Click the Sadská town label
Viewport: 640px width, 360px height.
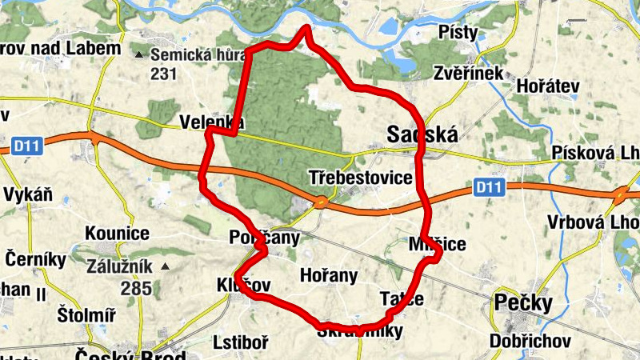coord(422,134)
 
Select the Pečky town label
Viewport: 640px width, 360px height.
coord(524,304)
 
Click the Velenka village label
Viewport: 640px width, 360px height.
coord(211,122)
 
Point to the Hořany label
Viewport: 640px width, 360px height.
coord(328,275)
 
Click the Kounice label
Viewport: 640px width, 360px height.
coord(117,234)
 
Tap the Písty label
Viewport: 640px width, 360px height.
coord(458,32)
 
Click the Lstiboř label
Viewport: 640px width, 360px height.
coord(241,342)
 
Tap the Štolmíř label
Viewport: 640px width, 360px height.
coord(86,315)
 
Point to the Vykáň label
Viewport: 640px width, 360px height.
coord(28,194)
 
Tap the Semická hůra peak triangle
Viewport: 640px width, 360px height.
coord(141,54)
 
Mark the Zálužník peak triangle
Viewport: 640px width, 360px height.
coord(166,266)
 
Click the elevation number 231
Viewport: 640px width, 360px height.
coord(162,74)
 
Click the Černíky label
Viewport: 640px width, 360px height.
coord(36,259)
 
